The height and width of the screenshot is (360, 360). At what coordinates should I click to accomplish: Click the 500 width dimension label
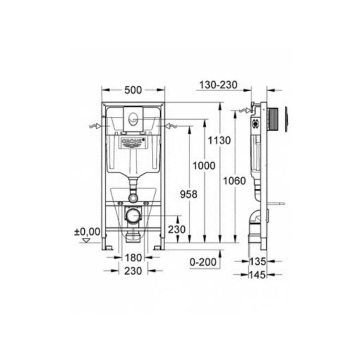[133, 90]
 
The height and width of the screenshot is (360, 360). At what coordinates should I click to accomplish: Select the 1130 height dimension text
[219, 140]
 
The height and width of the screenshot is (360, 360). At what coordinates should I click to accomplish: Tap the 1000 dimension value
[204, 165]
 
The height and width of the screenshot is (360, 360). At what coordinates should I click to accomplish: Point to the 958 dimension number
[189, 194]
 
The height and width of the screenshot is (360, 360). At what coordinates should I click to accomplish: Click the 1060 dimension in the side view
[235, 181]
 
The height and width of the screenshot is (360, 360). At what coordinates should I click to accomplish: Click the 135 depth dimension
[258, 262]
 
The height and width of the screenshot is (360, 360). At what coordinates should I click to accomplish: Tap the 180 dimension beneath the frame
[133, 258]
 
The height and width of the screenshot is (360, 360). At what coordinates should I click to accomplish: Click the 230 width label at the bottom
[133, 271]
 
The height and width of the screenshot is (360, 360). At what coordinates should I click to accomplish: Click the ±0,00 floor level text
[86, 231]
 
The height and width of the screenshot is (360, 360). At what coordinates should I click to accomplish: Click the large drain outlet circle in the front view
[133, 216]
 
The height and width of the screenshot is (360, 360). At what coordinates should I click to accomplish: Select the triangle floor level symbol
[85, 240]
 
